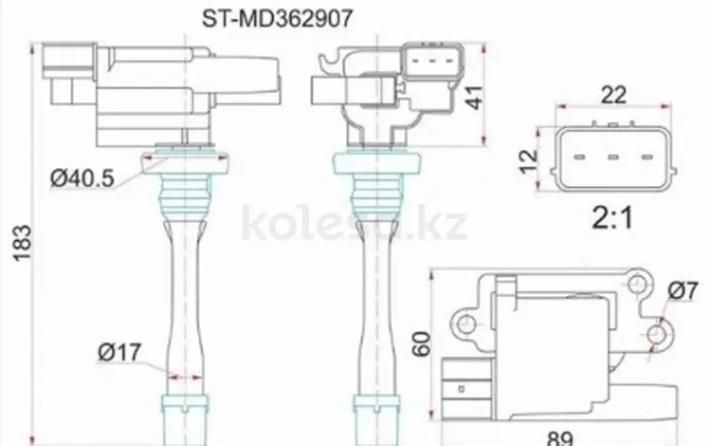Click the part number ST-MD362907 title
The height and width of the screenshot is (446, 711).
pyautogui.click(x=277, y=19)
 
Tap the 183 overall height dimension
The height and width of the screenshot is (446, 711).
pyautogui.click(x=22, y=243)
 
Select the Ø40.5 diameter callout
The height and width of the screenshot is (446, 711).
pyautogui.click(x=82, y=178)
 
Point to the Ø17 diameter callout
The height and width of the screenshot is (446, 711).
pyautogui.click(x=119, y=353)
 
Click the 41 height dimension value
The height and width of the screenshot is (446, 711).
pyautogui.click(x=475, y=97)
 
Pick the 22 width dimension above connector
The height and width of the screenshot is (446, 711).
pyautogui.click(x=613, y=95)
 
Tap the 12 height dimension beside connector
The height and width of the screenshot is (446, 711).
pyautogui.click(x=528, y=162)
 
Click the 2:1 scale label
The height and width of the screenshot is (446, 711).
pyautogui.click(x=612, y=218)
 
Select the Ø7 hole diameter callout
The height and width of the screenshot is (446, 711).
pyautogui.click(x=683, y=290)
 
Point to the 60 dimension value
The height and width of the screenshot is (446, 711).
pyautogui.click(x=421, y=344)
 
